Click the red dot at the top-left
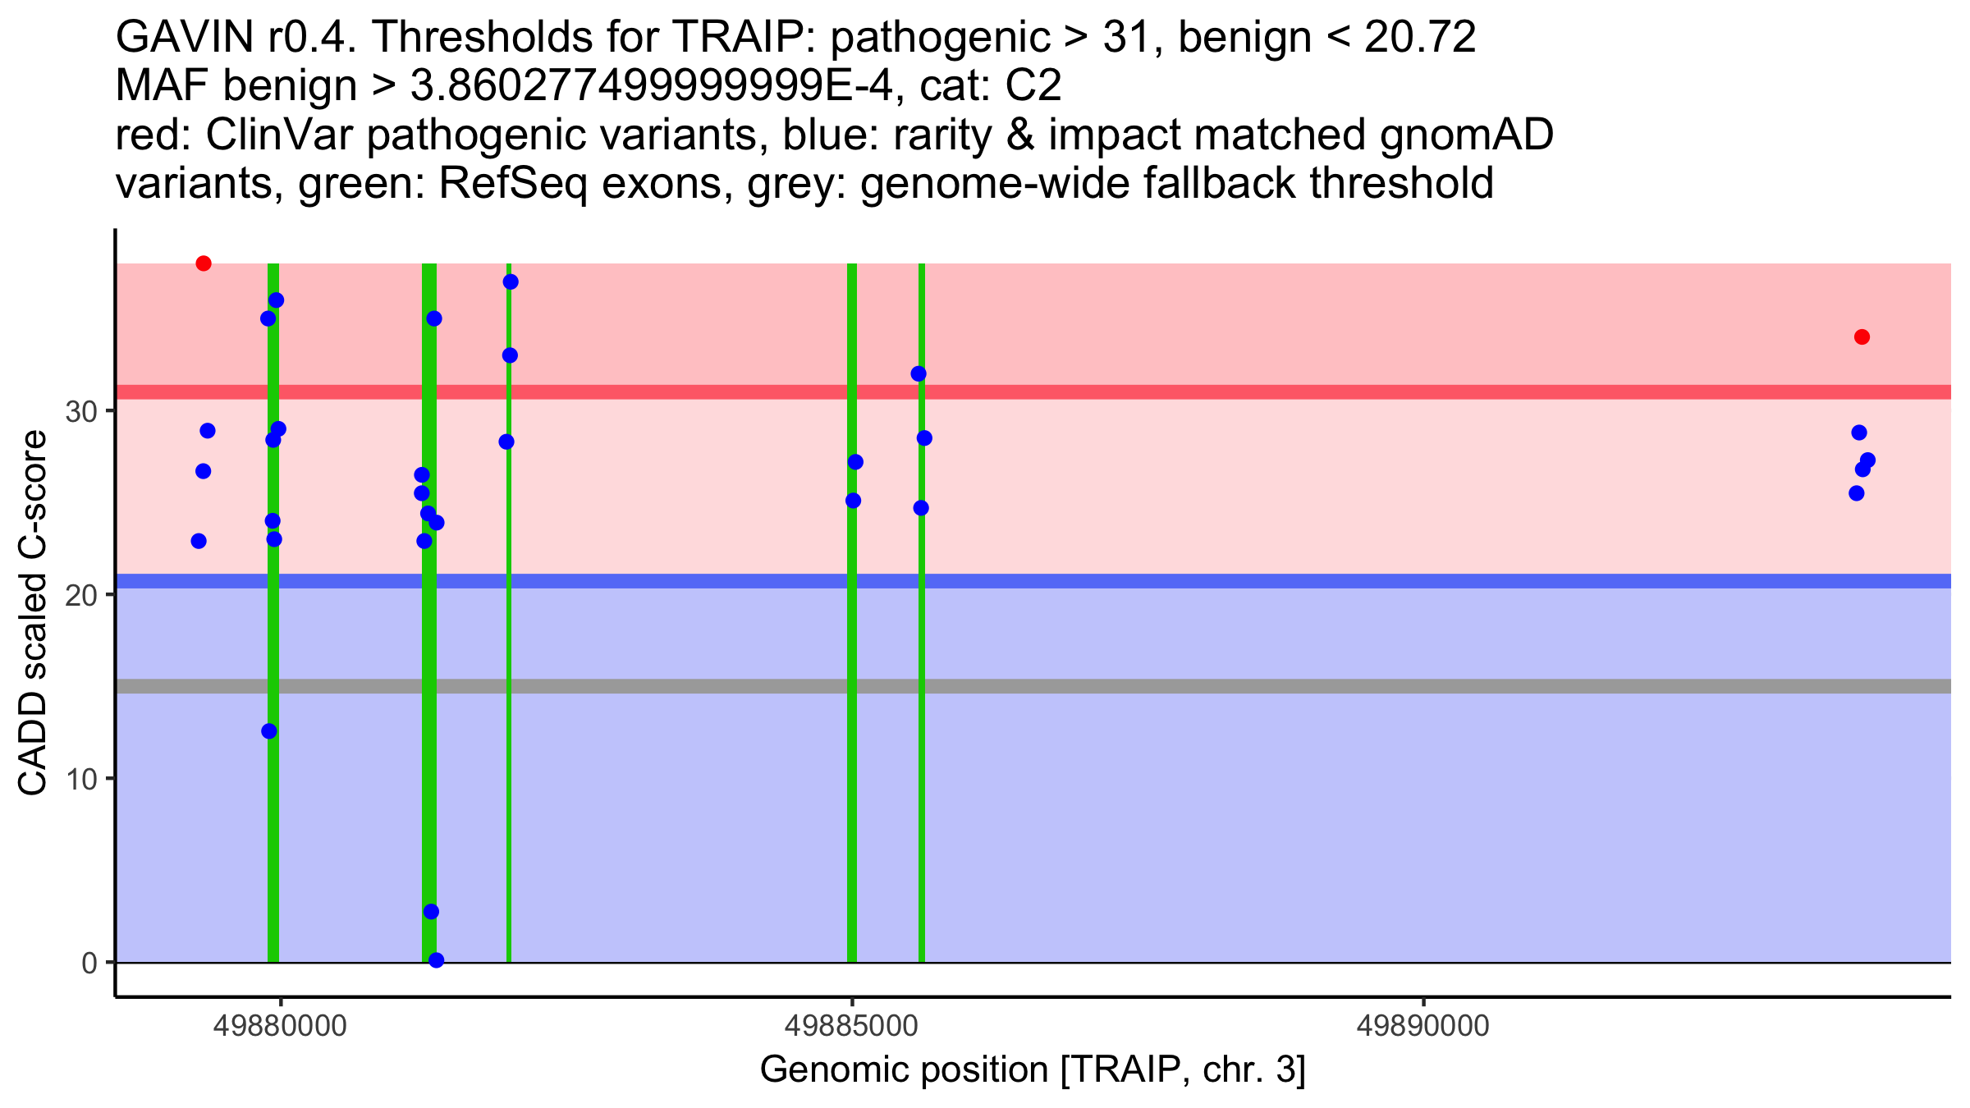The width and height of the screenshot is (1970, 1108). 204,263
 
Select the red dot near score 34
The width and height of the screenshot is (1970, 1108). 1862,337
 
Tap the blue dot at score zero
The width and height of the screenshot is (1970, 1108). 436,960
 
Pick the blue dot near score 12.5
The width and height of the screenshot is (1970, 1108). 269,731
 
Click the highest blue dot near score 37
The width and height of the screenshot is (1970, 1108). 511,282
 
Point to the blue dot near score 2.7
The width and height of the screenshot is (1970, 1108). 431,912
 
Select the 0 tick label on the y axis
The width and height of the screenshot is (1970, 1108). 89,963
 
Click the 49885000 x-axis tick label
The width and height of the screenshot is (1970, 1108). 852,1026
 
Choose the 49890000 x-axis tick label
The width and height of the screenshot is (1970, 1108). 1423,1026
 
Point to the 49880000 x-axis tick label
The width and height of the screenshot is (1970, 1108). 281,1026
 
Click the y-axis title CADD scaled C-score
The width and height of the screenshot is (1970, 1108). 33,614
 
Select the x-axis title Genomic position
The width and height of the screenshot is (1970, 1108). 1032,1069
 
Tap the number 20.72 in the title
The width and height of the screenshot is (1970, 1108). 1420,37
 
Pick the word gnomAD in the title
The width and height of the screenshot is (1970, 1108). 1466,135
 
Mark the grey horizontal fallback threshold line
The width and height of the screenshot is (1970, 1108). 1033,686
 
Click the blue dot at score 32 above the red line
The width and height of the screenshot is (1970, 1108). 919,374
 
